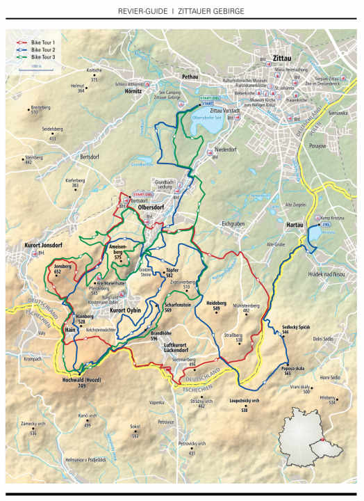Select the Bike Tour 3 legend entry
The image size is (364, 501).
tap(42, 57)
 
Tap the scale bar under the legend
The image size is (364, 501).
tap(31, 68)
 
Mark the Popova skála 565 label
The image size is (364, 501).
tap(276, 372)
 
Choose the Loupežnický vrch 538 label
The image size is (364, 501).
tap(245, 404)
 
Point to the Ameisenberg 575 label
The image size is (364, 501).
tap(117, 252)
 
